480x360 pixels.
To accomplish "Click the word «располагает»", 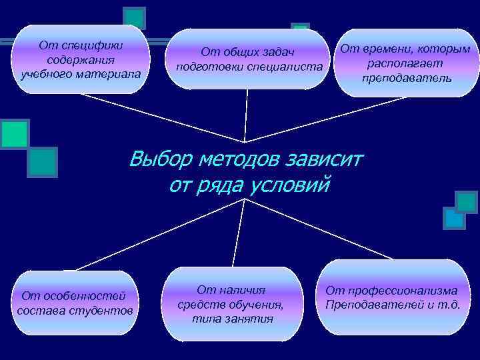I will [x=405, y=63].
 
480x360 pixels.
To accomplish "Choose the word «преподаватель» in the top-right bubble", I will [x=406, y=77].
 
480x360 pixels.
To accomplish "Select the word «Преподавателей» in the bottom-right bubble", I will [x=375, y=305].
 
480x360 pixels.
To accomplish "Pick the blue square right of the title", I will [x=454, y=217].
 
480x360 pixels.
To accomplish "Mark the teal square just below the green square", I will [x=42, y=161].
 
